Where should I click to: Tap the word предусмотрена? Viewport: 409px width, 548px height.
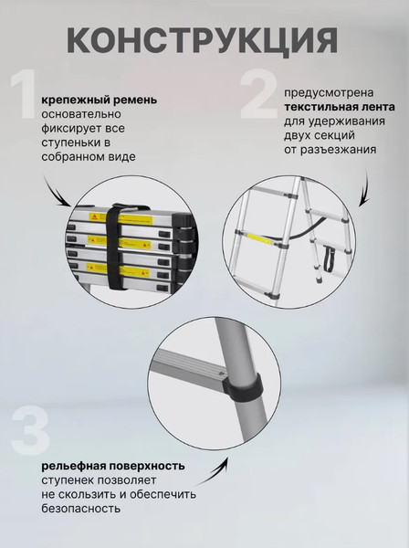pyautogui.click(x=323, y=92)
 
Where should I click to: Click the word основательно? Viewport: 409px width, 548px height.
pyautogui.click(x=79, y=114)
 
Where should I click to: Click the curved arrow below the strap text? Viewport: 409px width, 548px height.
pyautogui.click(x=59, y=195)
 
